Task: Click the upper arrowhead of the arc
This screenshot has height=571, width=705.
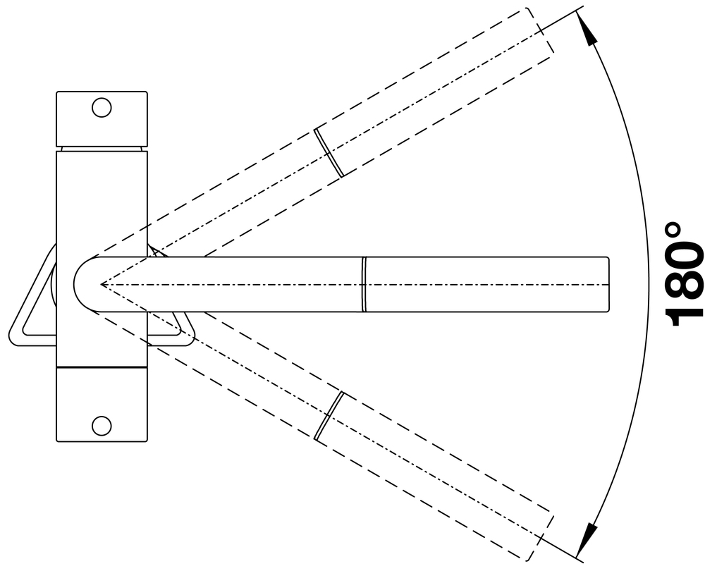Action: pos(586,28)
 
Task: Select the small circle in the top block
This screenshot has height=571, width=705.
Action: pos(101,107)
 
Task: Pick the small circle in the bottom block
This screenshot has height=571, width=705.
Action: pos(101,425)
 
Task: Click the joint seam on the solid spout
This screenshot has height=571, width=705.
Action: pos(364,284)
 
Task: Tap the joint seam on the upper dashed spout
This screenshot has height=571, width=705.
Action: pos(329,152)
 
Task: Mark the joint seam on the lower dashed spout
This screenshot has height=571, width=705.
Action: pos(329,415)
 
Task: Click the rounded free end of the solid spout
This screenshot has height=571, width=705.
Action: pos(608,284)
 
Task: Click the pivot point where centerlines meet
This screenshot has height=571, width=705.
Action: pos(101,284)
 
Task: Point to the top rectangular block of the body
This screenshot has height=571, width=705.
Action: pos(102,119)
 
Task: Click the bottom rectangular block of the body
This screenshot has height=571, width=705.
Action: pos(102,405)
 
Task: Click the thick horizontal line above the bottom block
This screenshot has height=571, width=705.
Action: pos(102,367)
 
